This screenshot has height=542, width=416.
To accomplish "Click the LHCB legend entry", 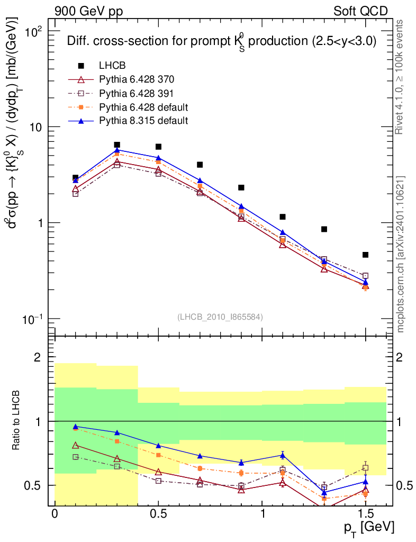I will (x=111, y=66).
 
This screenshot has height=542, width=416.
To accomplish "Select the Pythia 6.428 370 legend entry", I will (x=137, y=79).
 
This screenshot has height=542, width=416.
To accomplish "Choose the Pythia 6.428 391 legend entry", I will (x=137, y=93).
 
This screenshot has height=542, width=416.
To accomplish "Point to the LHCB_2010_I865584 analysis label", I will (x=220, y=317).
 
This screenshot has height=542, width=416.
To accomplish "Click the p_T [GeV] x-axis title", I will (x=366, y=527).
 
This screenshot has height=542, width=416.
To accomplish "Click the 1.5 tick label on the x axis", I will (x=365, y=514).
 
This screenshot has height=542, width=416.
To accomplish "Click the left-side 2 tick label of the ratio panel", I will (x=38, y=358).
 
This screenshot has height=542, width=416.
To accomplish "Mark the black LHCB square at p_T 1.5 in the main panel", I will (x=366, y=255).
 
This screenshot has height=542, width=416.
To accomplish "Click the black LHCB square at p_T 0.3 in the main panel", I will (x=117, y=144).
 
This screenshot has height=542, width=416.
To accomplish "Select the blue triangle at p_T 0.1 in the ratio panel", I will (x=76, y=426).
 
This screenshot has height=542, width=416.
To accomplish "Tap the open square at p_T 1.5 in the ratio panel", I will (x=366, y=468).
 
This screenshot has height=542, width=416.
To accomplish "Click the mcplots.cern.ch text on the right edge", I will (x=401, y=254).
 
